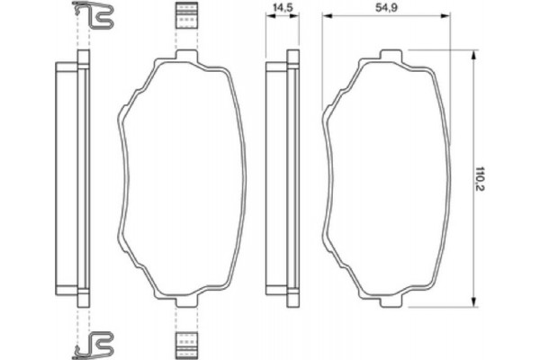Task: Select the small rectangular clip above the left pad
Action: [x=185, y=16]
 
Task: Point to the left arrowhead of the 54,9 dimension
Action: [x=327, y=16]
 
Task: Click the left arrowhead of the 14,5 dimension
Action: [x=269, y=16]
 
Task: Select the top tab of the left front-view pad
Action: [x=186, y=58]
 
